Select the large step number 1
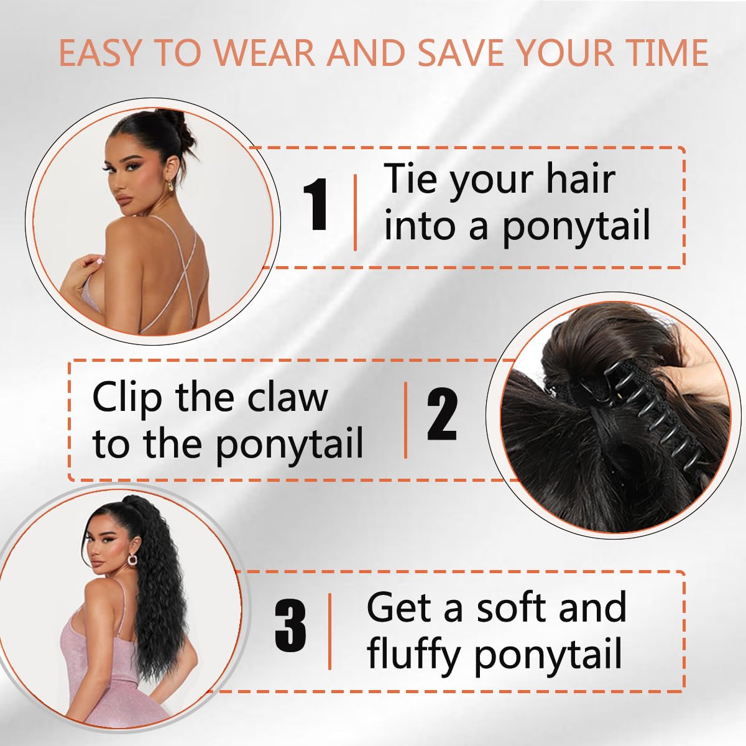316,205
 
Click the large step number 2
442,415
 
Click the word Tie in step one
411,178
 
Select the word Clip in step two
128,398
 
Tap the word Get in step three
400,607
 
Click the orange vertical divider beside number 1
355,213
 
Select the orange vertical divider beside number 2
406,420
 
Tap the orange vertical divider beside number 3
329,631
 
